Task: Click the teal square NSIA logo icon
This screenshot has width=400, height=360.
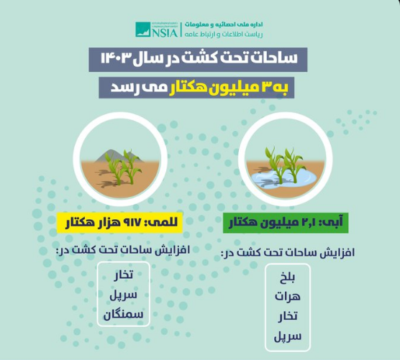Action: pos(143,29)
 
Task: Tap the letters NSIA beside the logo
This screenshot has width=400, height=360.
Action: pos(165,33)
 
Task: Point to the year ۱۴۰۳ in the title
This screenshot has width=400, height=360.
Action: pos(117,59)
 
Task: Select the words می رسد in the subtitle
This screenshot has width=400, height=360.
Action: pos(127,88)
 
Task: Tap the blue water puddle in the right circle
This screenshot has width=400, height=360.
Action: pos(284,178)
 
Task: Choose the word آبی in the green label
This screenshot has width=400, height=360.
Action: pos(333,221)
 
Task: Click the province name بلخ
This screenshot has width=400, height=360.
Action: pos(287,277)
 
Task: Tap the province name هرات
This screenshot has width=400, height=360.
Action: pos(288,297)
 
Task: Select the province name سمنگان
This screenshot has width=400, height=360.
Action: pos(123,314)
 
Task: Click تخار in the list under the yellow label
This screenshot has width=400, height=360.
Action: pos(123,275)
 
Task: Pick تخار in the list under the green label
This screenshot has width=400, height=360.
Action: pos(288,316)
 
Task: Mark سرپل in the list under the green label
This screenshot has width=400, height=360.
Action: pos(288,336)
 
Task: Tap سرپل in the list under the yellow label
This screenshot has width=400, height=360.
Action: pos(123,295)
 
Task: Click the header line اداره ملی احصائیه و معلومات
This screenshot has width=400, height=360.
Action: pos(224,24)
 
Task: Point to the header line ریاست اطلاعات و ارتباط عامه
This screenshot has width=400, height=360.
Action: pos(224,34)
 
